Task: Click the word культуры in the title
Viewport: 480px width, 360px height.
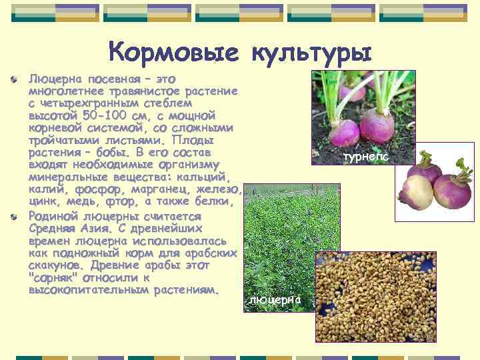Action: click(311, 51)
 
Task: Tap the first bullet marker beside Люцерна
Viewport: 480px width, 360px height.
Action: click(15, 80)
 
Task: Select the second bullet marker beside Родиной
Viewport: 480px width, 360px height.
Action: click(15, 216)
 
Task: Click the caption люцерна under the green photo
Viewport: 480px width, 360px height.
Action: click(275, 300)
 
